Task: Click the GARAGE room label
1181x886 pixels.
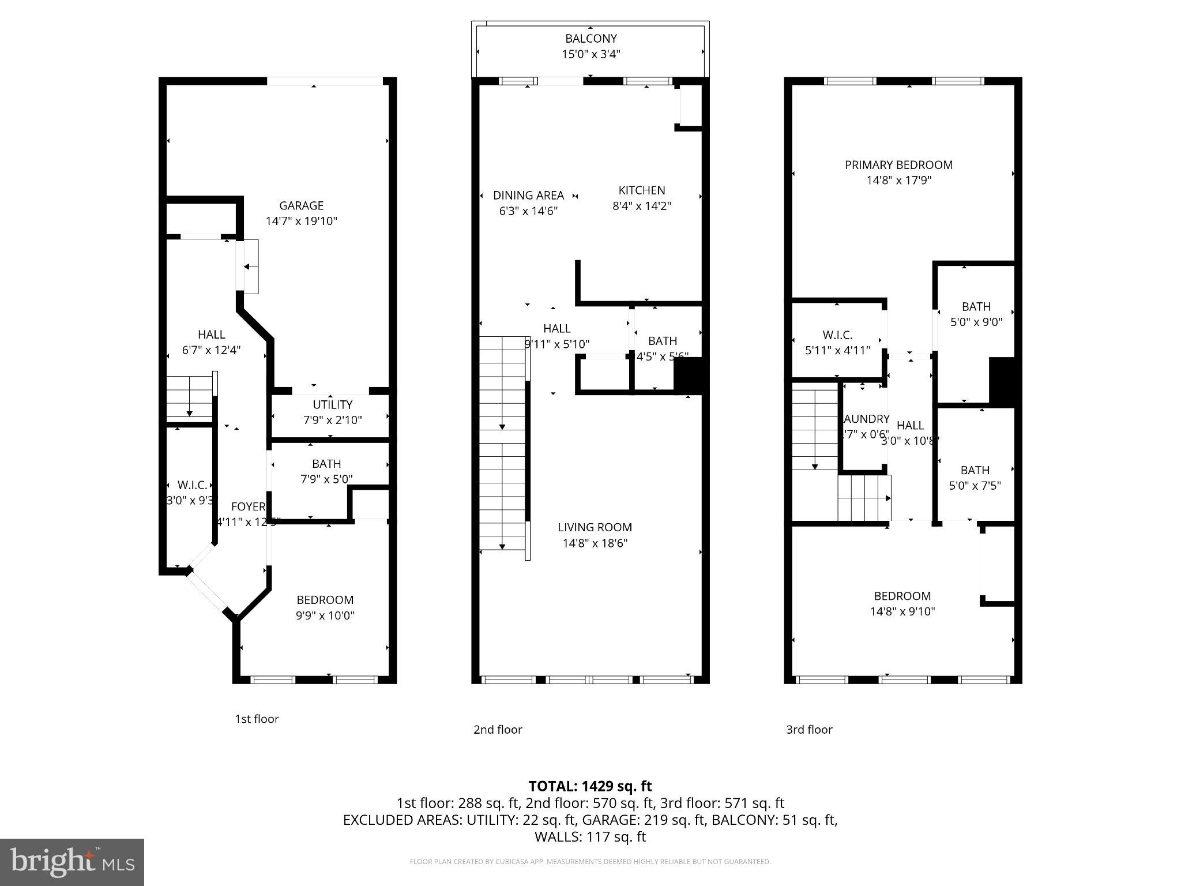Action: (x=301, y=205)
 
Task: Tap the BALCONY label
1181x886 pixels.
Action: (x=590, y=39)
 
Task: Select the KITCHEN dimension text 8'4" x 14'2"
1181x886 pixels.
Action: (x=641, y=206)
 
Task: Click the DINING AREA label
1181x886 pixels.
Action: (x=528, y=196)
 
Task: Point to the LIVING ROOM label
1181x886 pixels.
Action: (x=595, y=527)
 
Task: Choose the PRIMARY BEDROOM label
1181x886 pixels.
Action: (x=898, y=165)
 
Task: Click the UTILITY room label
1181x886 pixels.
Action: (x=332, y=404)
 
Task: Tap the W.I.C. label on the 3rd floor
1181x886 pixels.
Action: (x=837, y=335)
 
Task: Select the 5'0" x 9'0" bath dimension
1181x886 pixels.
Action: (x=976, y=322)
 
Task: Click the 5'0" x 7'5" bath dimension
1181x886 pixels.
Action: (x=975, y=486)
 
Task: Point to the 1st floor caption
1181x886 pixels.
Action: (x=257, y=719)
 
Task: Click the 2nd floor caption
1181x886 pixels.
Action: (x=498, y=729)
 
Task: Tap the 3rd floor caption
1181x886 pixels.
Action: (x=809, y=729)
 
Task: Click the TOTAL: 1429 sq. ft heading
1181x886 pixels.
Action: (x=590, y=786)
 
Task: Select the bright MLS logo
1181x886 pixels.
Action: (x=72, y=862)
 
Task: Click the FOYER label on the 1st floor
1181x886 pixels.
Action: (x=248, y=506)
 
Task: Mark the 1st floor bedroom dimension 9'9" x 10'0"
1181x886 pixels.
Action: (x=325, y=615)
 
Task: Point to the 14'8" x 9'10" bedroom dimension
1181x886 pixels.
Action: (x=902, y=611)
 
